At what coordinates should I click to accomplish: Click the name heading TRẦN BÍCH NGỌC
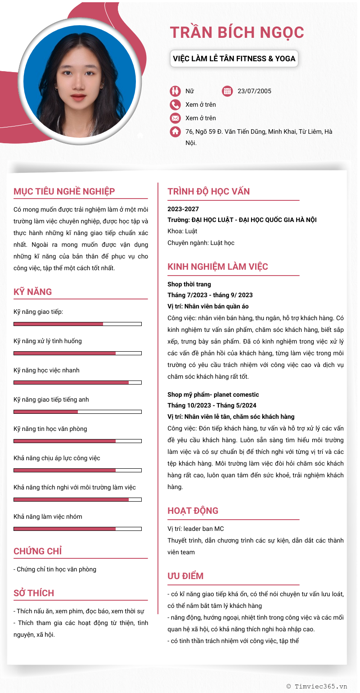click(237, 32)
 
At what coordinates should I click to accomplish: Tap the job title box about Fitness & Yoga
click(234, 59)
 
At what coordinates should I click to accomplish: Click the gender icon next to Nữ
click(175, 91)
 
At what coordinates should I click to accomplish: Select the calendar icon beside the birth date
click(227, 91)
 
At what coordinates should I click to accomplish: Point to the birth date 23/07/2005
click(254, 91)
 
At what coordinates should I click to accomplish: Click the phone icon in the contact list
click(175, 104)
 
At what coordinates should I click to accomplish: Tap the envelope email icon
click(175, 118)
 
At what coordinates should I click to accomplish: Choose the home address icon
click(175, 131)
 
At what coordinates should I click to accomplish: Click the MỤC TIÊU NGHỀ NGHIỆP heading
click(64, 191)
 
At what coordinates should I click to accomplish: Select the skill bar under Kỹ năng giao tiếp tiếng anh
click(77, 412)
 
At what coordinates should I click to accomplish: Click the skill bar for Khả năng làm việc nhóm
click(77, 529)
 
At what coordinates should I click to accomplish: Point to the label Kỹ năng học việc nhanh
click(46, 370)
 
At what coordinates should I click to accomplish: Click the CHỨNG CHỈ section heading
click(38, 551)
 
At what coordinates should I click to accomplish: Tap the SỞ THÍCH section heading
click(34, 593)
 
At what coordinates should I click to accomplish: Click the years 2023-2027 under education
click(183, 209)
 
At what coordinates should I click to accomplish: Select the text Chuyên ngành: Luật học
click(201, 243)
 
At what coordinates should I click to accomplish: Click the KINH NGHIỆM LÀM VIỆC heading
click(218, 267)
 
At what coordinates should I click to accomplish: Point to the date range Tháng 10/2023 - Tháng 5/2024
click(212, 405)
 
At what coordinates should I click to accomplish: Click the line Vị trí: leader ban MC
click(195, 529)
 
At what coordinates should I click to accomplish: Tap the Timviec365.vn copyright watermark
click(317, 686)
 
